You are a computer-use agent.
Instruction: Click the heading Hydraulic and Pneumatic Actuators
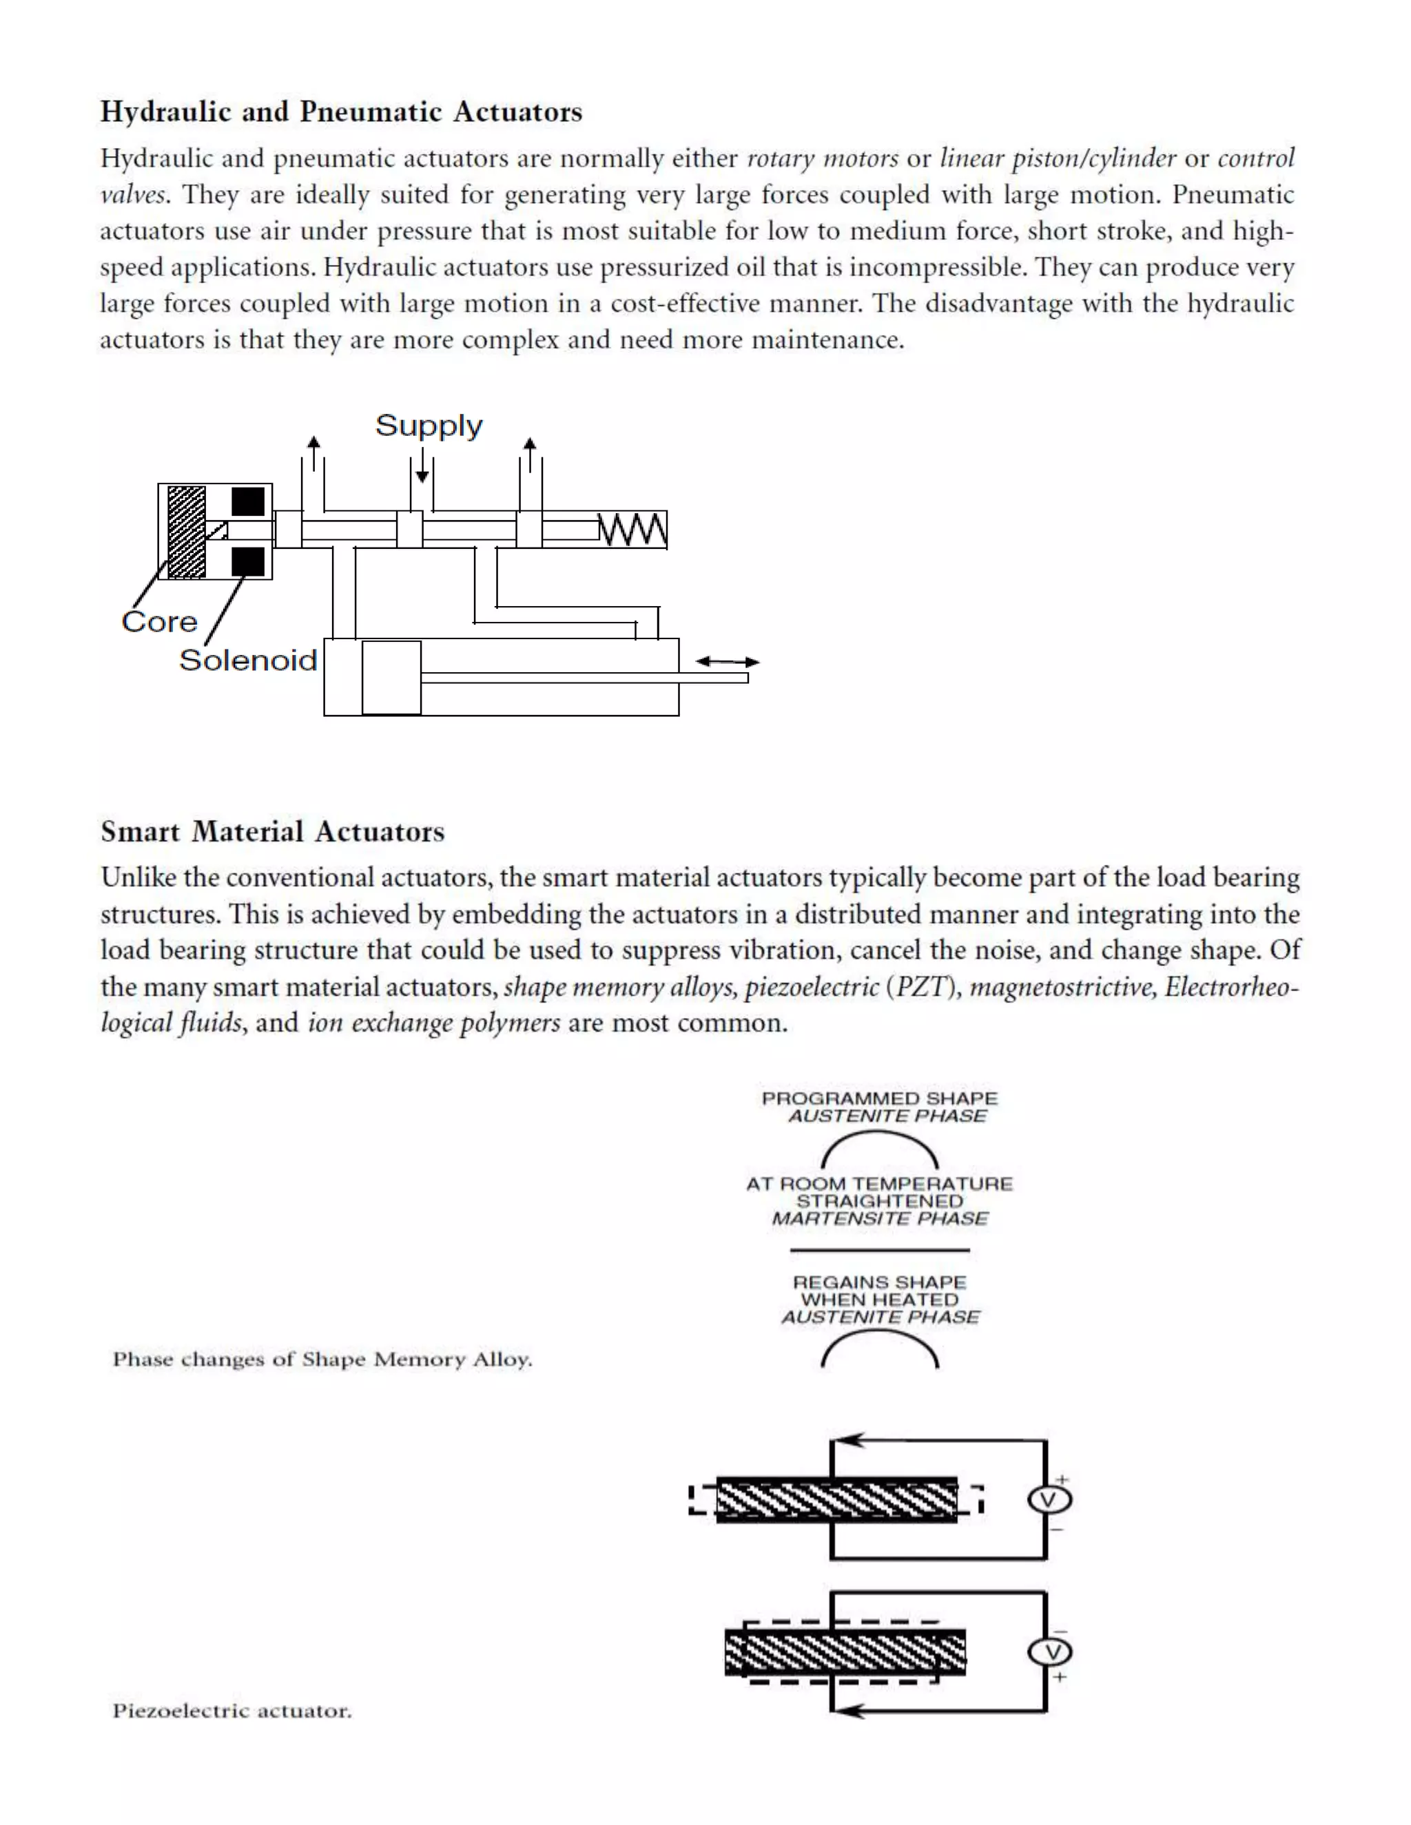pos(341,112)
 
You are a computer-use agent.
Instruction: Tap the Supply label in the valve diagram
pos(428,426)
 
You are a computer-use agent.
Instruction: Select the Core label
pos(159,622)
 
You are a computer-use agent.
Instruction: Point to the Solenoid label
pos(248,660)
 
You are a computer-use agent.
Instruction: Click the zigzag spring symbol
pos(632,530)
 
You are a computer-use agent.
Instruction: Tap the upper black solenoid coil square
pos(248,501)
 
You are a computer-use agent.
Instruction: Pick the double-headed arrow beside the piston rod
pos(728,661)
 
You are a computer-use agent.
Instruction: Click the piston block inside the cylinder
pos(391,678)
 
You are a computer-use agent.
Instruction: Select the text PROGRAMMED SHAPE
pos(879,1098)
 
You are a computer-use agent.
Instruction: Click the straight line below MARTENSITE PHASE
pos(879,1250)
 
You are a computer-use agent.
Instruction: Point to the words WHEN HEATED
pos(879,1300)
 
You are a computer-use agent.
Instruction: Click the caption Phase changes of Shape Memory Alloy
pos(322,1359)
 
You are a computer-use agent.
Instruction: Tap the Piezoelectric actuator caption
pos(231,1711)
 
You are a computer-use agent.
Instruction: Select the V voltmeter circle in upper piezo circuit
pos(1049,1500)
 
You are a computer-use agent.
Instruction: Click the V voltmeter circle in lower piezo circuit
pos(1049,1652)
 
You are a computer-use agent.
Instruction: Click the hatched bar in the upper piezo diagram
pos(836,1500)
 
